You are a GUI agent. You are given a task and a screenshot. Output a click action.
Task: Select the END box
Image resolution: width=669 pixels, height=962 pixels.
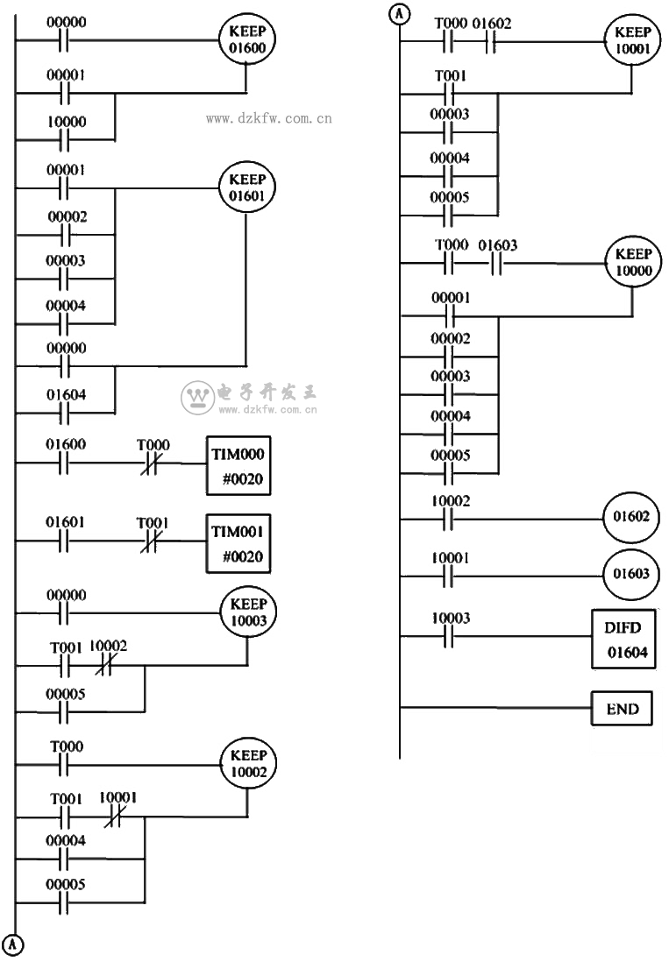[623, 709]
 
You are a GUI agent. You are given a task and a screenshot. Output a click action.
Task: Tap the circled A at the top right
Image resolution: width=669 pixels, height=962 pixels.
[401, 15]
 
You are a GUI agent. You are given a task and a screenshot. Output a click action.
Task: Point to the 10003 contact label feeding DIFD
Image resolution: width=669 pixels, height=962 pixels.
[452, 619]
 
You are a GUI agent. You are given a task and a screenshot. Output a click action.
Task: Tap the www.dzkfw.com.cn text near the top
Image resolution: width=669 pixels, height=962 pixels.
[268, 117]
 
